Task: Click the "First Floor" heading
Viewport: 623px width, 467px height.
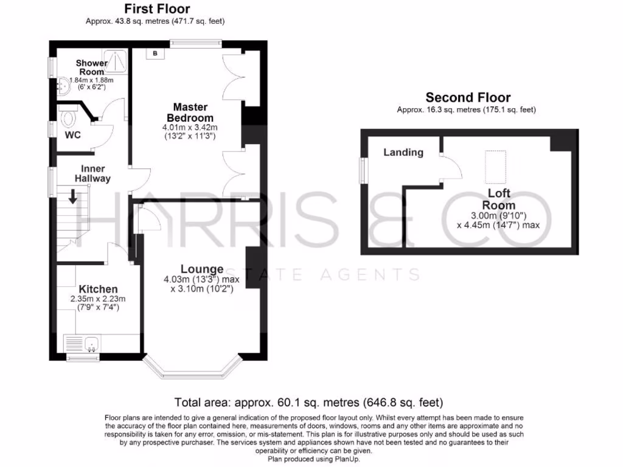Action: [x=157, y=9]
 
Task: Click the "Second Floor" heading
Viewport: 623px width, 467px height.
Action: [x=468, y=97]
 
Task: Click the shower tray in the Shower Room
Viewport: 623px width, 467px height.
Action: [x=119, y=58]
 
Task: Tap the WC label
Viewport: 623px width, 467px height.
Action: [x=73, y=135]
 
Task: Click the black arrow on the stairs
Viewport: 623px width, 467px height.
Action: [x=72, y=196]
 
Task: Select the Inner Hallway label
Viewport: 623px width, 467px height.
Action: [x=92, y=173]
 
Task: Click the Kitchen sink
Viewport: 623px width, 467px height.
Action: [x=91, y=345]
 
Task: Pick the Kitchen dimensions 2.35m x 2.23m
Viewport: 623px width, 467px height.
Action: [x=98, y=299]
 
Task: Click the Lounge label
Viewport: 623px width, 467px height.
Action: [x=201, y=269]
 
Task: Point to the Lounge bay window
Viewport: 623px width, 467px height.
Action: [x=193, y=367]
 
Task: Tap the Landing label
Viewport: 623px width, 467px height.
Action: [x=403, y=152]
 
